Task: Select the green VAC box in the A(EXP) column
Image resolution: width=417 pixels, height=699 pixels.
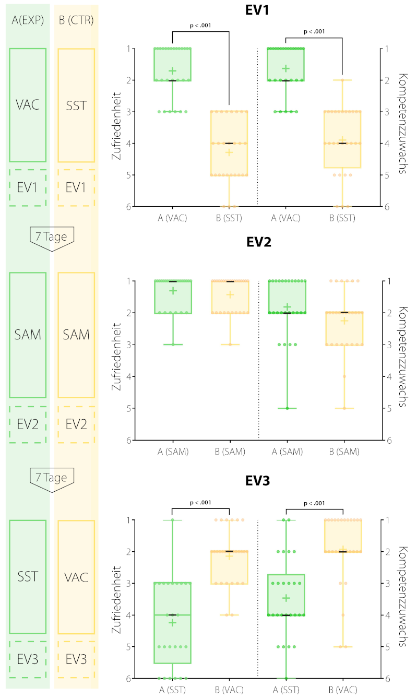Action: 28,105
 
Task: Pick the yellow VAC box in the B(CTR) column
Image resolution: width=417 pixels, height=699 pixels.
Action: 76,577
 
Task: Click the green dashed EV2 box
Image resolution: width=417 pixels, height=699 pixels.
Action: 28,424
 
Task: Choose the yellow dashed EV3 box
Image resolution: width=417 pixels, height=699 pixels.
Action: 76,659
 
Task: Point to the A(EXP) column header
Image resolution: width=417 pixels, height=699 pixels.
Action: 28,21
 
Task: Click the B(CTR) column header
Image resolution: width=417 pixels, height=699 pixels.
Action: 76,21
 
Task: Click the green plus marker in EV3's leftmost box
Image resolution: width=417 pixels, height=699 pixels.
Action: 172,622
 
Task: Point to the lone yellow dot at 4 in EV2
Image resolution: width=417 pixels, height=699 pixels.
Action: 343,376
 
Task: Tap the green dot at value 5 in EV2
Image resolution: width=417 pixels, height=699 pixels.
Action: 287,408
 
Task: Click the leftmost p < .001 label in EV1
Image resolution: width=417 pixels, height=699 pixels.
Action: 200,25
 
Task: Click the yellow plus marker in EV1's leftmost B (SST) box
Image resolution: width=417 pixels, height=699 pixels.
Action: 229,152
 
